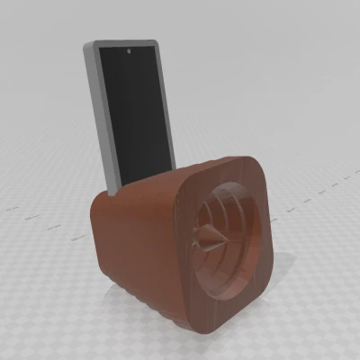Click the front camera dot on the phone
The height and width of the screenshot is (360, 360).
point(130,52)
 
